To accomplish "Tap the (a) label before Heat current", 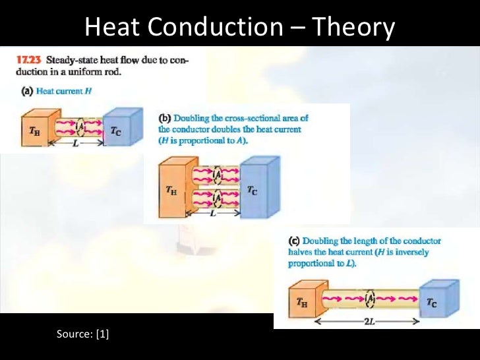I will pos(21,92).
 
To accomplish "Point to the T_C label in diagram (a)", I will pos(115,131).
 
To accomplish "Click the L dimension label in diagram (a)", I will pos(76,144).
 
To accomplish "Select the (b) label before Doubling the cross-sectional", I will pos(165,118).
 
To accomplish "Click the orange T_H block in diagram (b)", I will pos(173,191).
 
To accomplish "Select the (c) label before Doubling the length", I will pos(295,241).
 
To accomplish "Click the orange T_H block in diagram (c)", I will pos(303,303).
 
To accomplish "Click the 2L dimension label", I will pos(367,322).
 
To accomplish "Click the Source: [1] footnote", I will pos(83,334).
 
